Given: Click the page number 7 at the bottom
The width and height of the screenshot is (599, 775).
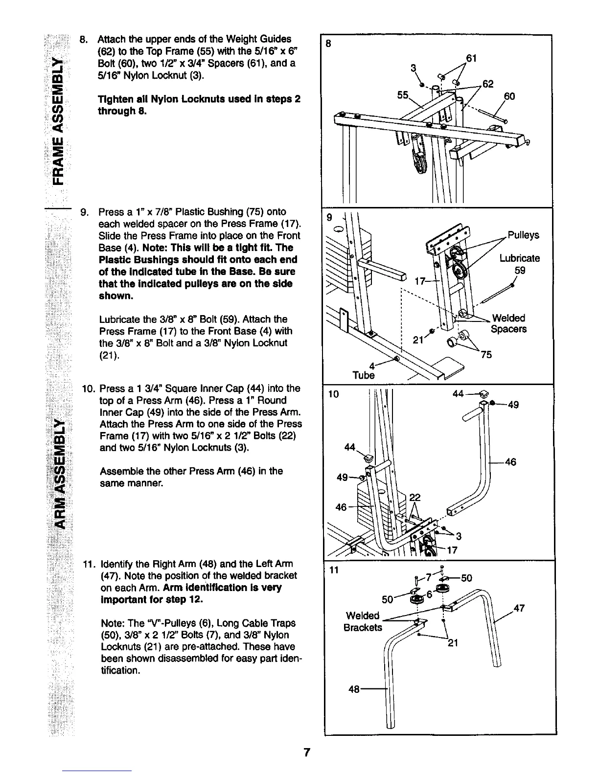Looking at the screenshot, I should coord(306,752).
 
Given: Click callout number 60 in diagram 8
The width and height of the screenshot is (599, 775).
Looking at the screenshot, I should coord(509,96).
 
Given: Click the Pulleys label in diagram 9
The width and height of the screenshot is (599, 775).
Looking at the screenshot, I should coord(523,235).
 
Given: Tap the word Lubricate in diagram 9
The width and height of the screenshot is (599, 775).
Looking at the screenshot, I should coord(519,258).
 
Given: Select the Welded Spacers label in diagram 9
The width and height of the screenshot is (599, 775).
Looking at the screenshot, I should coord(508,323).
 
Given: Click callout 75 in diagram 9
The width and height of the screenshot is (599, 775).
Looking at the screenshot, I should coord(486,355).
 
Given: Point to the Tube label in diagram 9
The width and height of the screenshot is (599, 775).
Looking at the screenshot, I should coord(364,375).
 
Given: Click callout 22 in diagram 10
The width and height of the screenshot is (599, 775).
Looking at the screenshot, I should coord(415,498).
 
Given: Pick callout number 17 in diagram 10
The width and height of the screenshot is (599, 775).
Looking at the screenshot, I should coord(452,550).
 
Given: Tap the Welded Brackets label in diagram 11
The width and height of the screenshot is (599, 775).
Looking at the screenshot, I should coord(363,621).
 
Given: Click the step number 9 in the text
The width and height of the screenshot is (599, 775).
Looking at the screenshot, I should coord(84,212).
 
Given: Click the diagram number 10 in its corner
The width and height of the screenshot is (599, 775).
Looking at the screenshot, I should coord(333,394).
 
